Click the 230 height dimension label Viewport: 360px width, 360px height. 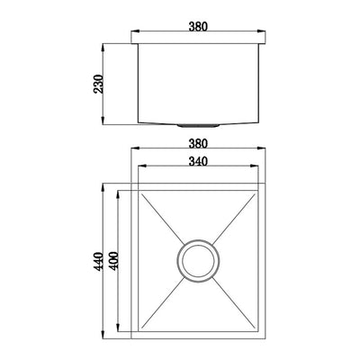pos(98,84)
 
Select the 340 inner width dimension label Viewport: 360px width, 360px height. pos(198,162)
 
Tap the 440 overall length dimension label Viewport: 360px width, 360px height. pos(98,262)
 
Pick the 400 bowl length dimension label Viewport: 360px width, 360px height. pos(113,261)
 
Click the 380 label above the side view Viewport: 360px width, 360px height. pos(198,27)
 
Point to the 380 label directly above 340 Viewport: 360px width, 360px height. pos(198,144)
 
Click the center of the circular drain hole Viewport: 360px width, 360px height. pos(198,261)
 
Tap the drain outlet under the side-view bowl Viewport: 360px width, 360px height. pos(198,126)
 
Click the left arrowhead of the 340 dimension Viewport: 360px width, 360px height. pos(142,166)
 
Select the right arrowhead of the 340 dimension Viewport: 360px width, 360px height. pos(255,166)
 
